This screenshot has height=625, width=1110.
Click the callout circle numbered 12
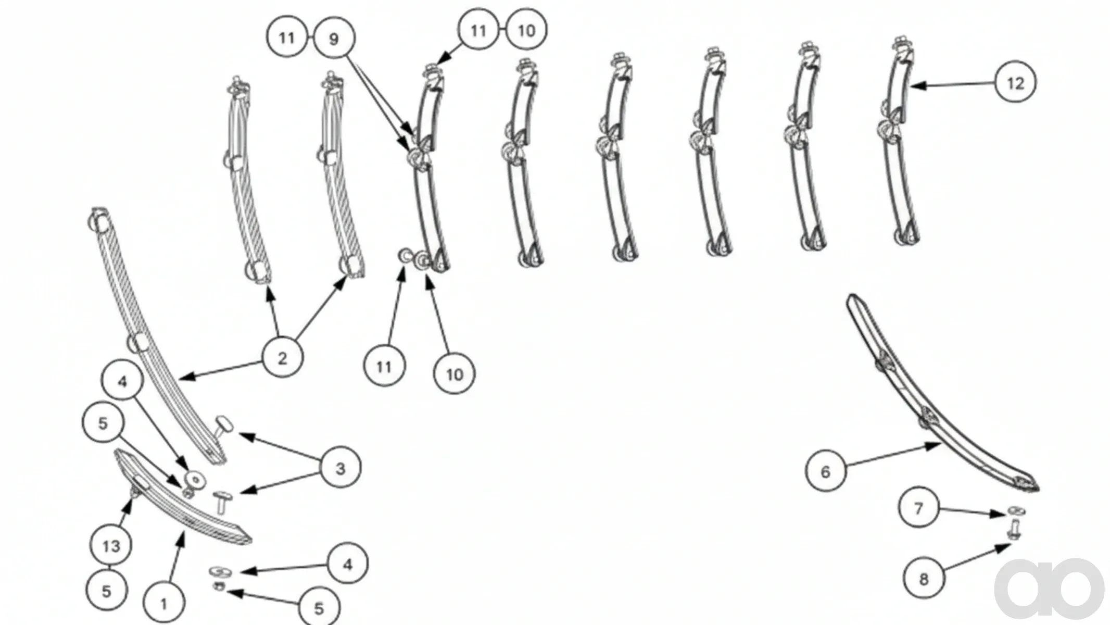coord(1015,83)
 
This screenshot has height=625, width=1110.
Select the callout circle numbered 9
coord(334,39)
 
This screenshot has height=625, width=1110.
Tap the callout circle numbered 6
coord(826,472)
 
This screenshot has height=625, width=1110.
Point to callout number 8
coord(924,579)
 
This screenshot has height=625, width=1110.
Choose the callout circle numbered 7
coord(919,508)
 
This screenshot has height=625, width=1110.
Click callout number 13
coord(111,545)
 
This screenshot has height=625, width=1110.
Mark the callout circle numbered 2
coord(282,358)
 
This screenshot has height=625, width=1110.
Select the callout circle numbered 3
coord(340,468)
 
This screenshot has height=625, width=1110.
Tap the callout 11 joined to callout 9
coord(287,38)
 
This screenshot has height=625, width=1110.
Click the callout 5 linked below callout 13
coord(107,591)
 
